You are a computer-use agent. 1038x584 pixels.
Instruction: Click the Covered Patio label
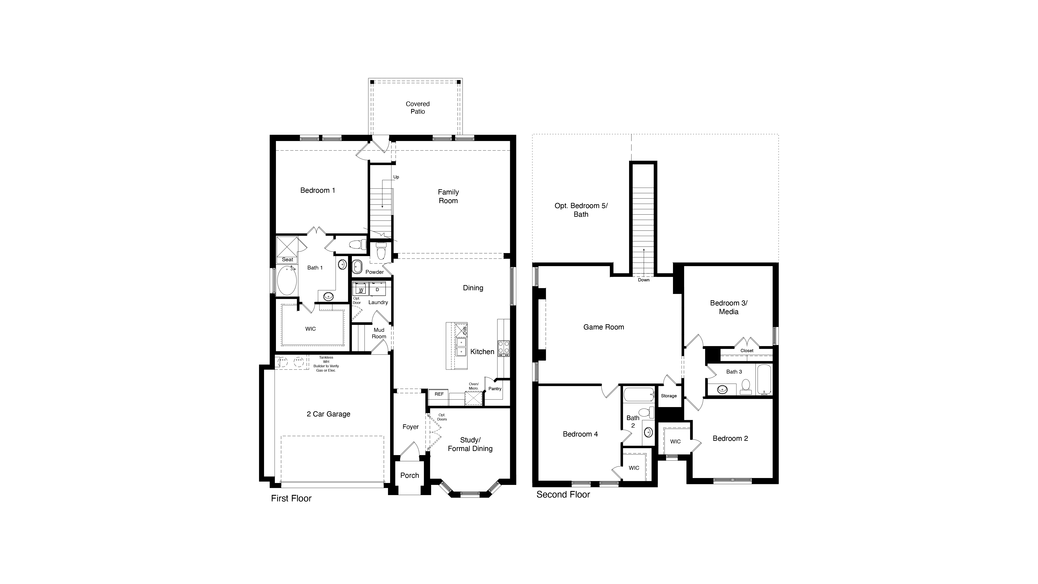[x=417, y=108]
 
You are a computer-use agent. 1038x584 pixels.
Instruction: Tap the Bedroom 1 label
[x=317, y=190]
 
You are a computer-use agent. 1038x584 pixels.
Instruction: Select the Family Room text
[x=448, y=196]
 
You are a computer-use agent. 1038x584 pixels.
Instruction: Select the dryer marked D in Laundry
[x=377, y=289]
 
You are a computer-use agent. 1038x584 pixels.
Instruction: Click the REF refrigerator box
[x=439, y=394]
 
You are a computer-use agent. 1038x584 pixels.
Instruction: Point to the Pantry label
[x=495, y=388]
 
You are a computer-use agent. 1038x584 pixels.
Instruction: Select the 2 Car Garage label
[x=328, y=414]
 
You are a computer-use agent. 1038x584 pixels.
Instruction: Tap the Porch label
[x=409, y=475]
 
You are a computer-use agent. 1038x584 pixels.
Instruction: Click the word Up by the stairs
[x=396, y=177]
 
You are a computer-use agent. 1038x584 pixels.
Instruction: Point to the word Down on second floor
[x=644, y=280]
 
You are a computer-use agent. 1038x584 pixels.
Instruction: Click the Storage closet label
[x=668, y=396]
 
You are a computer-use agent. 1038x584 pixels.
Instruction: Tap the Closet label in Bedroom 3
[x=747, y=351]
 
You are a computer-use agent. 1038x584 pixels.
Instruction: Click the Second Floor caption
[x=563, y=494]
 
